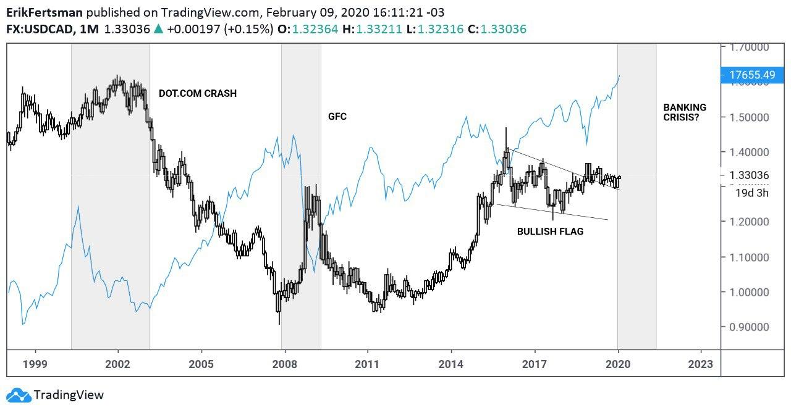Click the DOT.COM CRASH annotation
point(197,94)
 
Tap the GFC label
point(337,116)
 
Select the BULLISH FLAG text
point(550,232)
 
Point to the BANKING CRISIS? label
point(684,112)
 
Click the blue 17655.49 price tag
point(751,75)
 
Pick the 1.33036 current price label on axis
point(748,175)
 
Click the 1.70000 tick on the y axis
point(748,47)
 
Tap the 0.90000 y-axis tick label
point(748,327)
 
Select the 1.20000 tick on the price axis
point(748,222)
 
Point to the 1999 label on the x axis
point(35,364)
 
